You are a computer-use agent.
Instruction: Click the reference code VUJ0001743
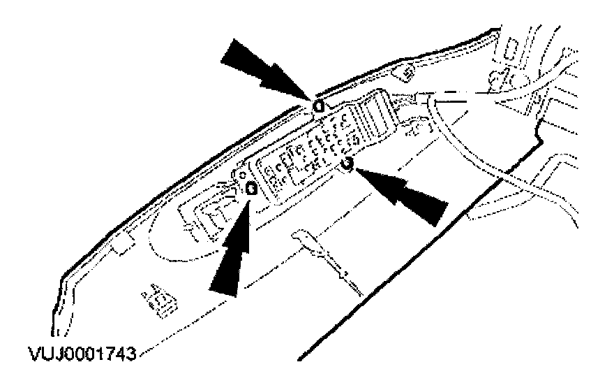(x=82, y=354)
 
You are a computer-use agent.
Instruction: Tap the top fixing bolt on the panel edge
(x=319, y=106)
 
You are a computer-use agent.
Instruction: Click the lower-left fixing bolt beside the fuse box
(x=251, y=189)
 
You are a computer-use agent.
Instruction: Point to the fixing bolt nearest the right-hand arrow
(x=347, y=164)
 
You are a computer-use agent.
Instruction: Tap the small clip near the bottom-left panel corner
(x=159, y=300)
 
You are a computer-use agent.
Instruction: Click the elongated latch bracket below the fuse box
(x=327, y=259)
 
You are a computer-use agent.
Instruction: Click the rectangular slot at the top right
(x=512, y=50)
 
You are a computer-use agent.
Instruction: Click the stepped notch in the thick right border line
(x=537, y=136)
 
